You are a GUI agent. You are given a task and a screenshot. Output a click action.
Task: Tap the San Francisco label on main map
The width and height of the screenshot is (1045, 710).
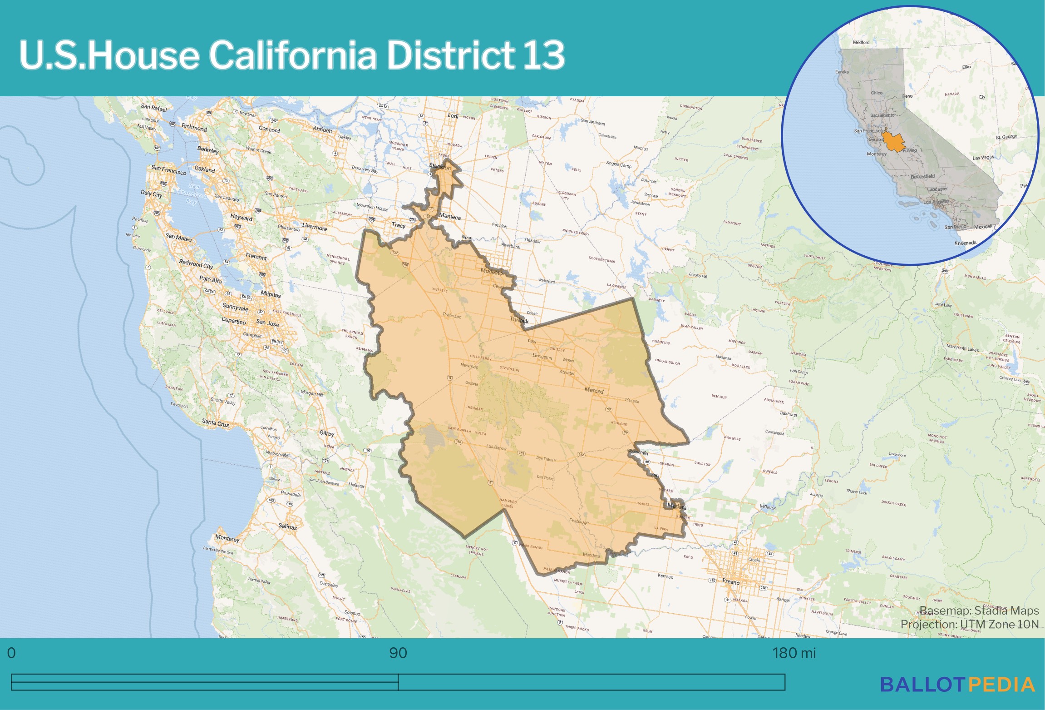[168, 170]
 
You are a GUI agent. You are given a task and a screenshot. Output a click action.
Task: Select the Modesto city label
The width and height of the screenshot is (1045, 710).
[492, 272]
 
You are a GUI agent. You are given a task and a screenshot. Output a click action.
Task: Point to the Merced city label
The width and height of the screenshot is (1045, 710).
[594, 390]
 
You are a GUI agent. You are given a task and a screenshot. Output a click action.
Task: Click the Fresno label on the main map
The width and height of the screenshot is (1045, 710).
[730, 581]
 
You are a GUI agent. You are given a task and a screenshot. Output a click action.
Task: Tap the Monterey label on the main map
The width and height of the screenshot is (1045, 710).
[227, 538]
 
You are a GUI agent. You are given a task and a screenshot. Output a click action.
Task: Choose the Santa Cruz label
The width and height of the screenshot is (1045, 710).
[216, 423]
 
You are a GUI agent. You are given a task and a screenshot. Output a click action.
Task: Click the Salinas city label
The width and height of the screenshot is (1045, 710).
[287, 526]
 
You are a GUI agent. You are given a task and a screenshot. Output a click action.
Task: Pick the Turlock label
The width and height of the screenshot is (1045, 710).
[519, 320]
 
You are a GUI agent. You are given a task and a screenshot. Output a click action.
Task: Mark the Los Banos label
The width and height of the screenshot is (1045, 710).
[496, 447]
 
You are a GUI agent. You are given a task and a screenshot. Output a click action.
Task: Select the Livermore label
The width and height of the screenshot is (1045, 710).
[314, 227]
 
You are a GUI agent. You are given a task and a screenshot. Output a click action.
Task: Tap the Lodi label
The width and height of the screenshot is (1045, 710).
[453, 116]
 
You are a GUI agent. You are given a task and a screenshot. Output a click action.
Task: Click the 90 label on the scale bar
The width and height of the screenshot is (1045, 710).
[398, 653]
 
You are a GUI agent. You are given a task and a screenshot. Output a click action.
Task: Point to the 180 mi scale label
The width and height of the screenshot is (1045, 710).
[794, 653]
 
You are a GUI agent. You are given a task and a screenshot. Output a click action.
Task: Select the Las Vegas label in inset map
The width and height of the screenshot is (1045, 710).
[983, 158]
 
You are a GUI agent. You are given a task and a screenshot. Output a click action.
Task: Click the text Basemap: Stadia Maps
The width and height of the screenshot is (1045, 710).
[979, 611]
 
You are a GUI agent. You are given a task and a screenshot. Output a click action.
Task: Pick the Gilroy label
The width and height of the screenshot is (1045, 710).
[326, 433]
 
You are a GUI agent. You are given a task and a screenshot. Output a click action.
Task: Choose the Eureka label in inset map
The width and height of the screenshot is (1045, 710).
[842, 72]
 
